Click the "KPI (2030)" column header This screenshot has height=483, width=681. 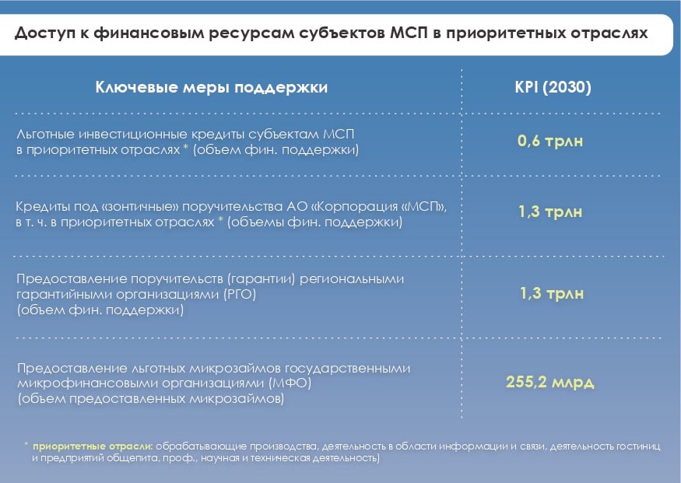(553, 87)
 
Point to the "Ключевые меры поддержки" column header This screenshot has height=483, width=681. (212, 87)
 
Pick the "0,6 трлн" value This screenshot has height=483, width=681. (550, 141)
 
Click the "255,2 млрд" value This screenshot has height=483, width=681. (549, 383)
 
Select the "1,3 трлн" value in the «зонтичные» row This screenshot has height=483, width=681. (550, 212)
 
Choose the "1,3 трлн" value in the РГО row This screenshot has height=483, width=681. (552, 294)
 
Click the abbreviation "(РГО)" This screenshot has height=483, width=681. (240, 295)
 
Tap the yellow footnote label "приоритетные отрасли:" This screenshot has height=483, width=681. (93, 446)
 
